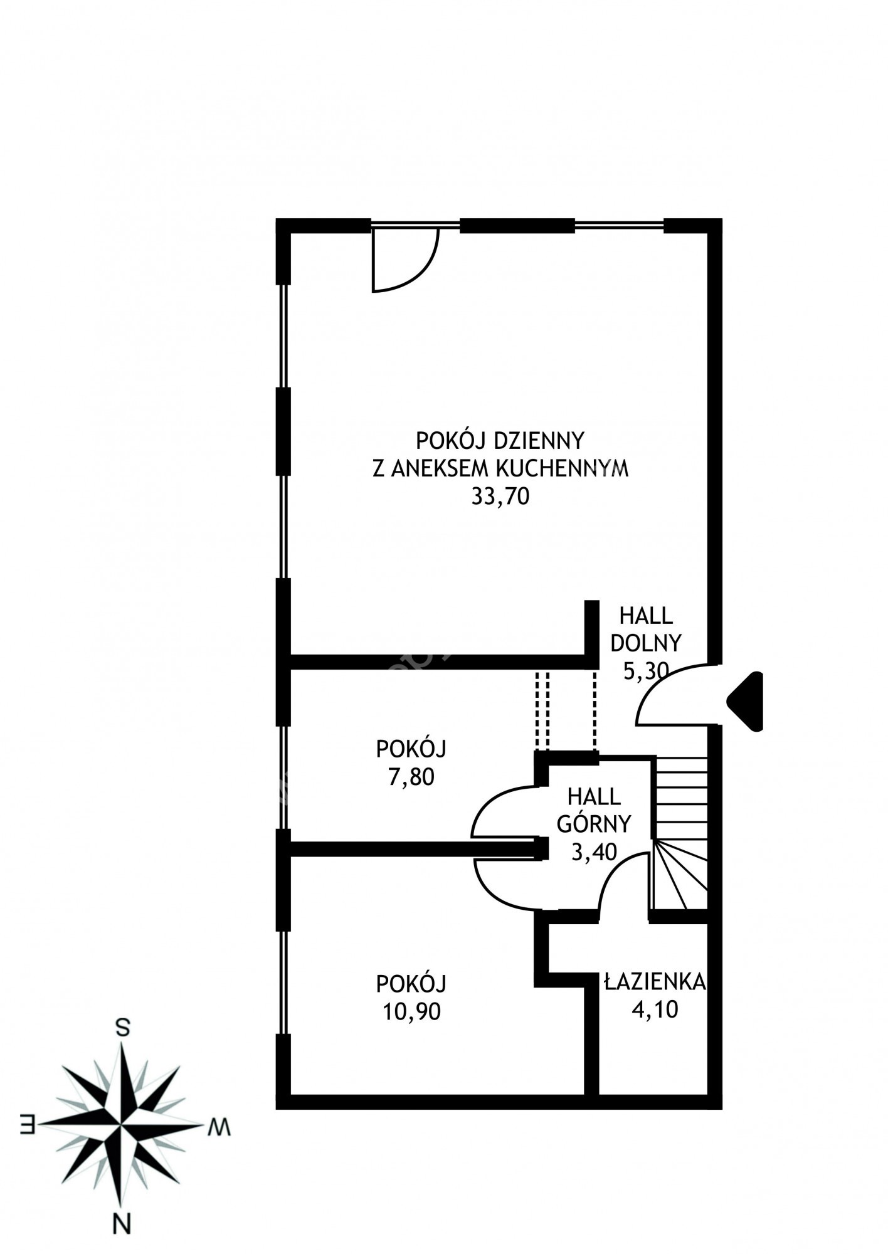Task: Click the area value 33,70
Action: (x=500, y=497)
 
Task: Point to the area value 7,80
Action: (x=411, y=777)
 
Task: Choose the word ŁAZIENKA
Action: (x=655, y=982)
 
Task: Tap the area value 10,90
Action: (x=411, y=1011)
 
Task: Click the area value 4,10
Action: (x=655, y=1009)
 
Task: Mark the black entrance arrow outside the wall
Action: (x=745, y=701)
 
